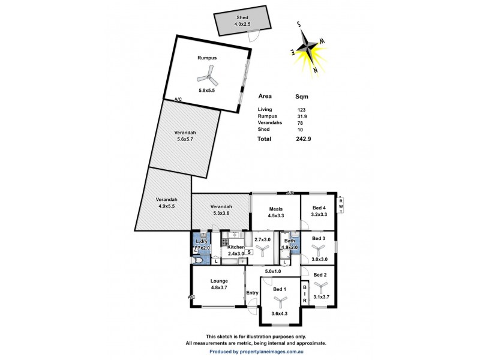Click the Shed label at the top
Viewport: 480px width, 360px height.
tap(243, 18)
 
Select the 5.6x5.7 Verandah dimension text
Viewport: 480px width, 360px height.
tap(185, 139)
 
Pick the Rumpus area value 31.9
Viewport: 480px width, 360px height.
tap(302, 116)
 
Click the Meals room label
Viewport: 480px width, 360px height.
tap(276, 209)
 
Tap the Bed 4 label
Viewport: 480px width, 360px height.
tap(319, 209)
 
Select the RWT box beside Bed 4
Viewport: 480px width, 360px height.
tap(341, 205)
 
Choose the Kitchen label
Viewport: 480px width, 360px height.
tap(236, 247)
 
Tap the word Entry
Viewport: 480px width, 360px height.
tap(252, 293)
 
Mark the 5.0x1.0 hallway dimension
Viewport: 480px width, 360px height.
tap(274, 271)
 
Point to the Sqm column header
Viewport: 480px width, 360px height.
tap(302, 95)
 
